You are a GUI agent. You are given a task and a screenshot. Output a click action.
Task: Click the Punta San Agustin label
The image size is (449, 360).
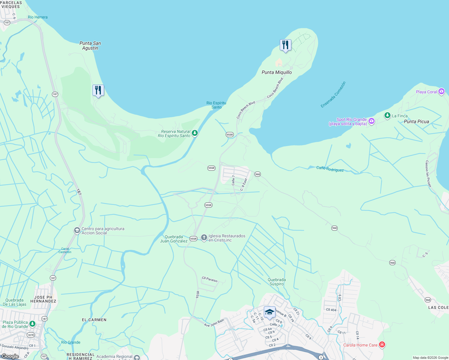click(90, 46)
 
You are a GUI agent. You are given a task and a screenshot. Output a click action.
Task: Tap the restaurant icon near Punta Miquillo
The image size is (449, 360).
click(285, 45)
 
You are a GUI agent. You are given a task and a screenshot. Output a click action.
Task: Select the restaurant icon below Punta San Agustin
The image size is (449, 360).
click(98, 90)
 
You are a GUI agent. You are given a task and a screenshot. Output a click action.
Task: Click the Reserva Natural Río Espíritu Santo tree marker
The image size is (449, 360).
click(195, 133)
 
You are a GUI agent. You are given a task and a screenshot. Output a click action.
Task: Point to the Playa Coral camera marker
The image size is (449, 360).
click(441, 91)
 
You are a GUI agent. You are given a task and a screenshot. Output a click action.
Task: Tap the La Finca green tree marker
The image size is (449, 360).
click(387, 115)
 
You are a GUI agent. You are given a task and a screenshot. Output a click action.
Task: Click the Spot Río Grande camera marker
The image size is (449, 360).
click(372, 121)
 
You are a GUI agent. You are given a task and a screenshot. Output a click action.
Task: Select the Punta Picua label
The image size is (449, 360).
click(416, 121)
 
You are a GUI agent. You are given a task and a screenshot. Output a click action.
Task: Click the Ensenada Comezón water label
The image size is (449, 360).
click(333, 94)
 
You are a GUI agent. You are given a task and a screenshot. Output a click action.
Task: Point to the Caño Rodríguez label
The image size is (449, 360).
click(330, 169)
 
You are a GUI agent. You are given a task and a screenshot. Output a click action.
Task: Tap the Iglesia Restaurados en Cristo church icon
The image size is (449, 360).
click(204, 238)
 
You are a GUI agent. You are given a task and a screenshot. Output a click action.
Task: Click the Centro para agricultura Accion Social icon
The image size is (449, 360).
click(77, 230)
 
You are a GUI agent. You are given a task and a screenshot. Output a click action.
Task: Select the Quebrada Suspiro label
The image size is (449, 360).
click(276, 282)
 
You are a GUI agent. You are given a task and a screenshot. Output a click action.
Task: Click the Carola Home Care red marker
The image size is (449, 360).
click(382, 345)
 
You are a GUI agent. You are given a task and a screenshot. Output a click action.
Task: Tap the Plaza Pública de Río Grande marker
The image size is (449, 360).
click(32, 324)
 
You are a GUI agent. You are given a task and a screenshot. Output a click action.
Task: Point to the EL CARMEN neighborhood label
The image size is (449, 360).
click(94, 320)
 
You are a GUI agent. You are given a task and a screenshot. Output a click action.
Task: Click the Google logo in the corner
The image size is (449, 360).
click(10, 356)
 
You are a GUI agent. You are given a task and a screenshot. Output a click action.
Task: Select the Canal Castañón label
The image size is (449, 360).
click(65, 250)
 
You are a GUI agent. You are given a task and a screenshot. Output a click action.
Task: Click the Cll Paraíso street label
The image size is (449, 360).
click(209, 279)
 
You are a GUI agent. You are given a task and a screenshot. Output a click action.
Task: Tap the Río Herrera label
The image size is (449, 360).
click(38, 17)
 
